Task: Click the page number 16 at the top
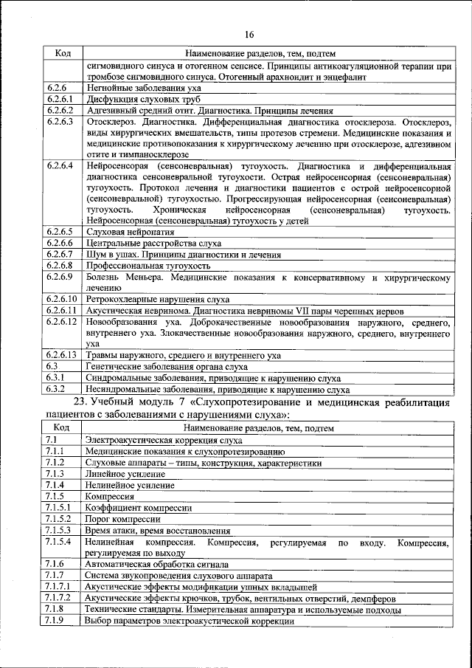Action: (x=249, y=35)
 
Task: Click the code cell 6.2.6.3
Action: (x=58, y=121)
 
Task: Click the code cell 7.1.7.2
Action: (x=58, y=598)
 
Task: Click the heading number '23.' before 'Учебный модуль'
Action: (x=83, y=402)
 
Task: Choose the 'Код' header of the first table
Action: (x=62, y=53)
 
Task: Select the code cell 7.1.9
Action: (x=55, y=621)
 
